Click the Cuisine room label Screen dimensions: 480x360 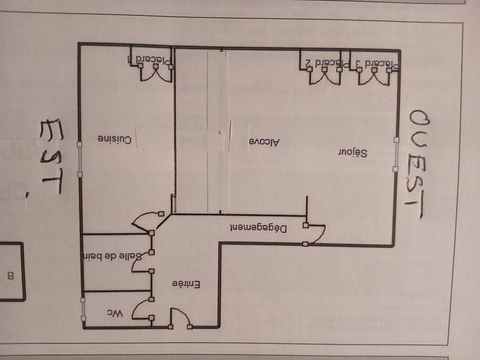[115, 139]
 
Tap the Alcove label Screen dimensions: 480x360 [264, 142]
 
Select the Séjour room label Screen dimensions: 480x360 [353, 153]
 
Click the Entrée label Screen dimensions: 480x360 [186, 284]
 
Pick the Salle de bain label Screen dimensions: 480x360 [113, 256]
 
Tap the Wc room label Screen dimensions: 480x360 [115, 313]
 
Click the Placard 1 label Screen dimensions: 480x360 [150, 60]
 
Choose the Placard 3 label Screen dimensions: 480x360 [378, 64]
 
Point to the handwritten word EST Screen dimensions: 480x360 [52, 156]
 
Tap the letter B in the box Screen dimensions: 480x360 [11, 276]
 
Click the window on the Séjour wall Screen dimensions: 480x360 [396, 155]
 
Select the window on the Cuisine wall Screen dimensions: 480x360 [79, 159]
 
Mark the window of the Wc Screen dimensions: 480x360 [83, 309]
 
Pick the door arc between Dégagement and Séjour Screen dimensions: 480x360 [316, 235]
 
